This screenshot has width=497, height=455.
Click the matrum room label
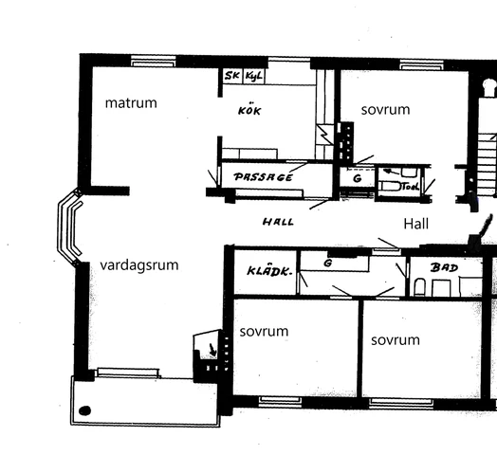pos(131,102)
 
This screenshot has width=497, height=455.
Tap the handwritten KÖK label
pos(248,111)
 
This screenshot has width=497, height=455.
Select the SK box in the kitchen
pos(232,75)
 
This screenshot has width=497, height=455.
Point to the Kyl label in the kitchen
pos(253,75)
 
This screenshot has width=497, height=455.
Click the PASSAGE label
pos(263,177)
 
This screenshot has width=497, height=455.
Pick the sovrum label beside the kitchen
pos(385,110)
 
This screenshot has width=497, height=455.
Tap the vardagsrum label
pos(138,265)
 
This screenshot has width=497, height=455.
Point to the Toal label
pos(410,187)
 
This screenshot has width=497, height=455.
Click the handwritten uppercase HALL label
pos(277,222)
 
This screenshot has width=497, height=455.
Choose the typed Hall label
pos(416,224)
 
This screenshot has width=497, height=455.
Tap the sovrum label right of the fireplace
pos(264,332)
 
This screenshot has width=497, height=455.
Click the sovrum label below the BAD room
pos(395,339)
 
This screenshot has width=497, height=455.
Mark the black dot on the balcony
pos(85,410)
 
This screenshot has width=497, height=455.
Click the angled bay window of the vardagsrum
pos(69,227)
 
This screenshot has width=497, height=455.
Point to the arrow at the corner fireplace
pos(212,352)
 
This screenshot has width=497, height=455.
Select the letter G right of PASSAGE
pos(357,177)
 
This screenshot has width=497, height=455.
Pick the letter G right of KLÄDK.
pos(326,262)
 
